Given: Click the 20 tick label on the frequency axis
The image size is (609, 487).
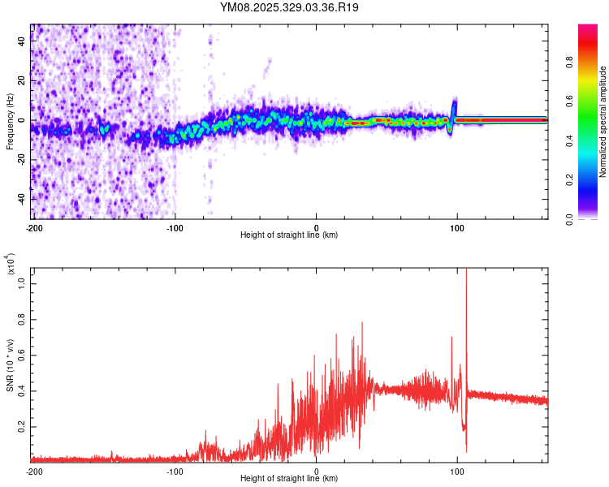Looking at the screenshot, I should pyautogui.click(x=22, y=81).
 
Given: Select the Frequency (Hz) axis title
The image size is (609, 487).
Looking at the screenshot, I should pyautogui.click(x=9, y=121).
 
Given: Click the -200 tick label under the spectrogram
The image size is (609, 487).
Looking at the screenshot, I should pyautogui.click(x=33, y=227).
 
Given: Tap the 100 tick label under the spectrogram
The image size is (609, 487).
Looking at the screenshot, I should pyautogui.click(x=457, y=227).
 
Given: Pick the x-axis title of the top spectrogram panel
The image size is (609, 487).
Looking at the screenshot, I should pyautogui.click(x=289, y=235).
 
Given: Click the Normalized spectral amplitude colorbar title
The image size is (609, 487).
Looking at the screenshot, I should pyautogui.click(x=603, y=122).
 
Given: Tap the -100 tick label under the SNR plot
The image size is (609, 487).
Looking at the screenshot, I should pyautogui.click(x=175, y=471).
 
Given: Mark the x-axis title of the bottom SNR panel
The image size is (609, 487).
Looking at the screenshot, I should pyautogui.click(x=289, y=479).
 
